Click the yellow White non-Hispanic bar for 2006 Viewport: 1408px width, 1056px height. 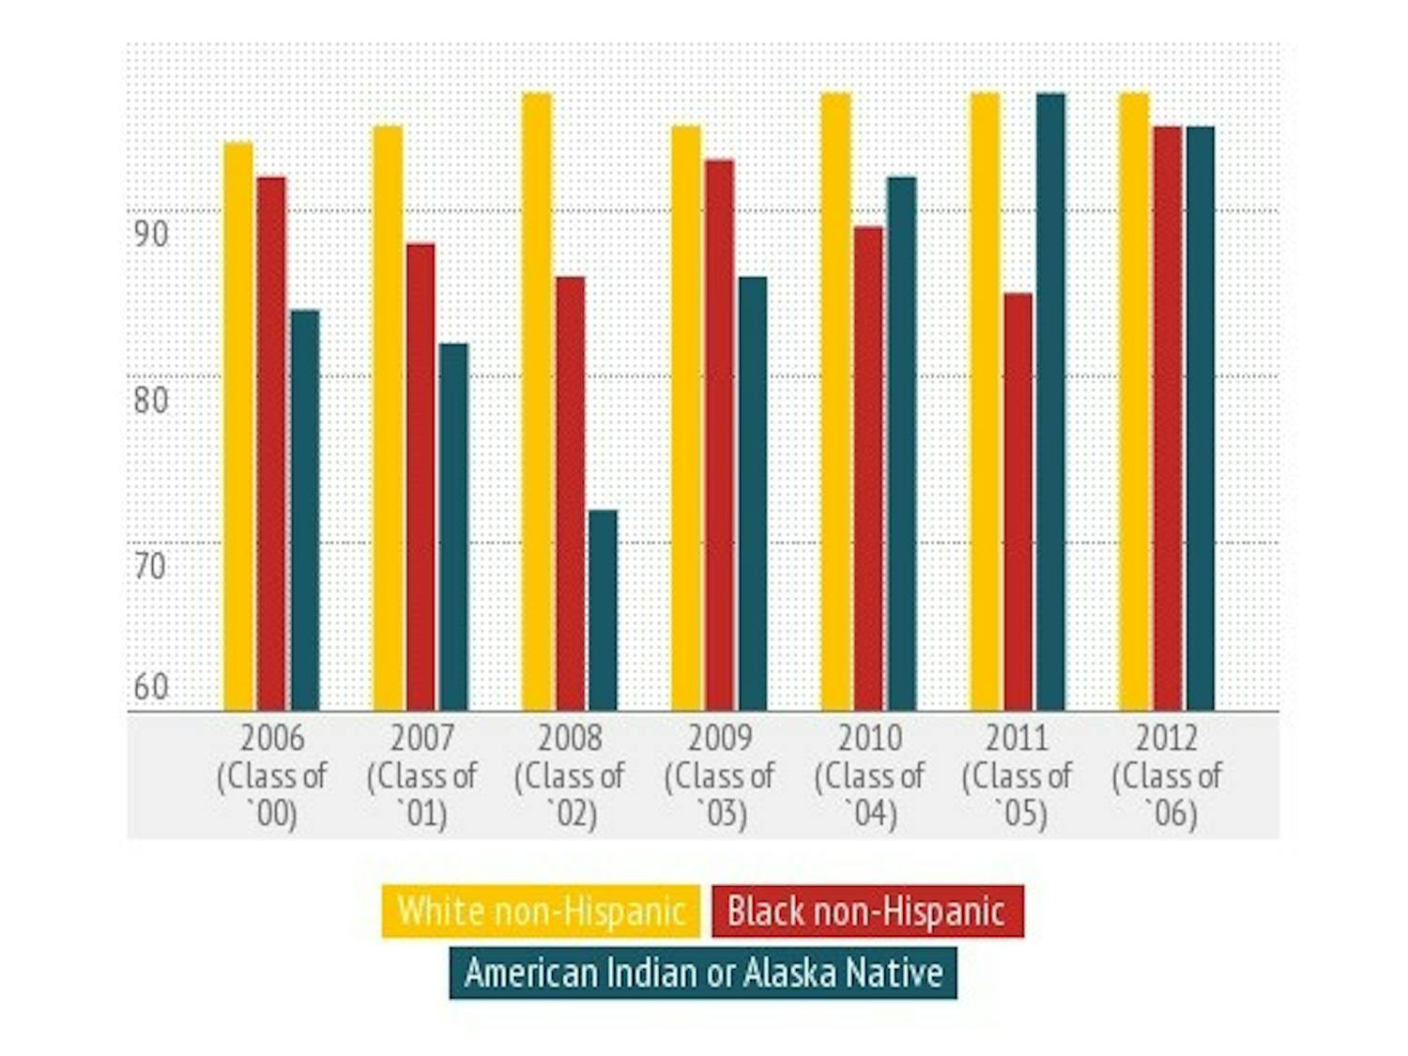tap(238, 427)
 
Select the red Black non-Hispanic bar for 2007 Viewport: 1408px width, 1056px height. tap(421, 477)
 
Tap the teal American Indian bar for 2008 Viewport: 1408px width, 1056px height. tap(603, 610)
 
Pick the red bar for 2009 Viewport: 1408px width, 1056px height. tap(720, 436)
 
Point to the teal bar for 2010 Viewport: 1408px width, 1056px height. tap(901, 443)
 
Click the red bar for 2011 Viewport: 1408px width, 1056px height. tap(1018, 502)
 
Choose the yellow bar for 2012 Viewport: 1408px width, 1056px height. tap(1134, 402)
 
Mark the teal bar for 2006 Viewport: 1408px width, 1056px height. tap(305, 510)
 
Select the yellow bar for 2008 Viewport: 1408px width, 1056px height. tap(537, 402)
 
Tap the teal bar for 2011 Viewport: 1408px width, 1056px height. tap(1050, 402)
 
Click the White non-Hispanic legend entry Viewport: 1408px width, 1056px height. tap(541, 911)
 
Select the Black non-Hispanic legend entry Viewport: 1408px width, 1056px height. tap(867, 911)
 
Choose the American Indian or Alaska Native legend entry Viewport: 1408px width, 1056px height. tap(703, 972)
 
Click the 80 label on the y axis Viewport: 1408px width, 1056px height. tap(150, 400)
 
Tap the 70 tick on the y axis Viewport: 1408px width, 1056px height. tap(150, 566)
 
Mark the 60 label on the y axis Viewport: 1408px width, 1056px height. tap(150, 687)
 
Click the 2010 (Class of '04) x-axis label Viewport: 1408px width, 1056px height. tap(869, 776)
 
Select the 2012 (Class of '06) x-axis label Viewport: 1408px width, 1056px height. tap(1167, 776)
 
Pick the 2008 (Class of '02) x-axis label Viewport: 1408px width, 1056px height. tap(570, 776)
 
